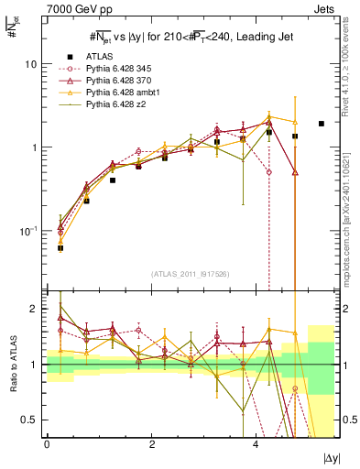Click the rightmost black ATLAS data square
pos(321,124)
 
